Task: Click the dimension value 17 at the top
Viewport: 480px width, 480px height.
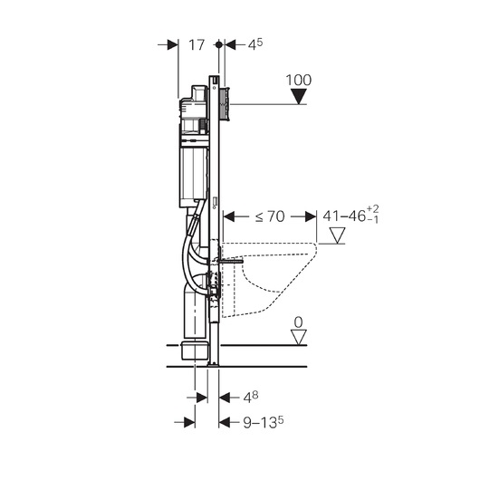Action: click(197, 45)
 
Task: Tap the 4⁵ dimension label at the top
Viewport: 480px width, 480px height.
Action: click(255, 44)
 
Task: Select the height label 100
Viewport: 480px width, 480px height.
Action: click(299, 81)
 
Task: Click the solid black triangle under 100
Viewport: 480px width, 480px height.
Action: click(299, 96)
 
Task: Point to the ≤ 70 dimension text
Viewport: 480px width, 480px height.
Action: click(270, 216)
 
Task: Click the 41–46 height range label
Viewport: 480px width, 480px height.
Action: click(350, 216)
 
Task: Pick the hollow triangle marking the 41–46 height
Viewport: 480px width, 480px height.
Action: click(337, 235)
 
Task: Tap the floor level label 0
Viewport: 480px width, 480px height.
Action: click(298, 322)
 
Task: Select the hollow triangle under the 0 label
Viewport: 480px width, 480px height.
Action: click(299, 337)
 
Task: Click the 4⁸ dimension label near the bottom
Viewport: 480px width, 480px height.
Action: click(251, 398)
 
